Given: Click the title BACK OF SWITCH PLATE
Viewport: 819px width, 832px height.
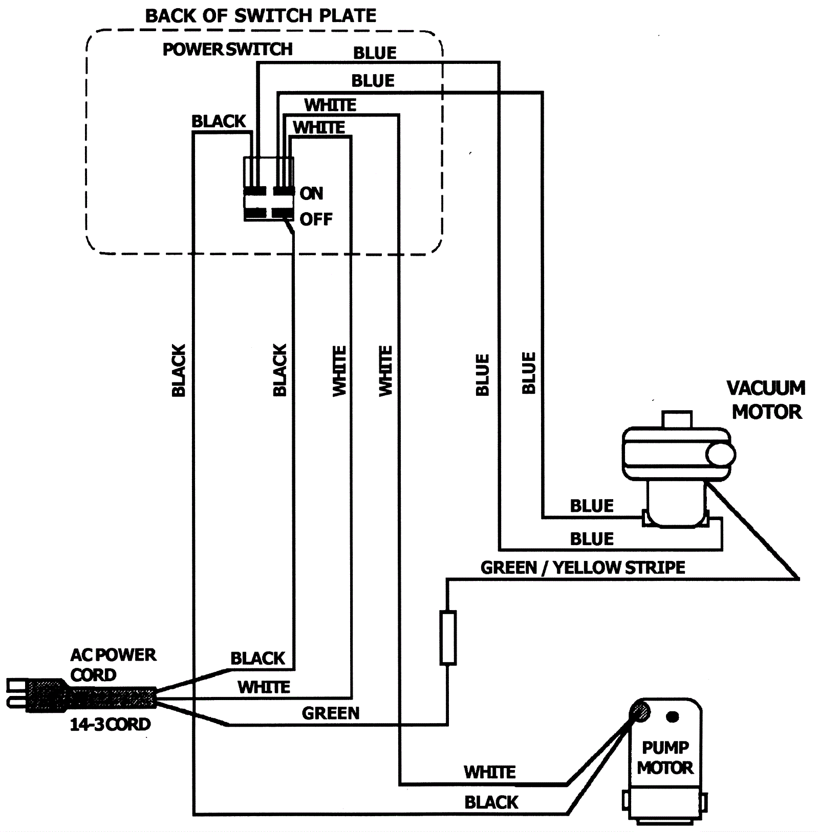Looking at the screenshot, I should click(261, 16).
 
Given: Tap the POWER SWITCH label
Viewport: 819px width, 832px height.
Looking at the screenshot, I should click(227, 49).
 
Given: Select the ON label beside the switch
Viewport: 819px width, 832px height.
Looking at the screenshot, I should click(311, 193).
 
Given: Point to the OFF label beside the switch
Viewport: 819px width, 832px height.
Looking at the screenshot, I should click(316, 219).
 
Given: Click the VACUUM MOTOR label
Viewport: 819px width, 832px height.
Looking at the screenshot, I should click(766, 400).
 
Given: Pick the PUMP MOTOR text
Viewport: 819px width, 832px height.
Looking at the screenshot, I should click(665, 757).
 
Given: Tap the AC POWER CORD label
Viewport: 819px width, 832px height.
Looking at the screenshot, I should click(113, 665).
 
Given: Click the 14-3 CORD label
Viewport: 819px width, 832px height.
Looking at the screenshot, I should click(110, 724).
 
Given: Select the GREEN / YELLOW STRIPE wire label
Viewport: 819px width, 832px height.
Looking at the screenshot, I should click(583, 568).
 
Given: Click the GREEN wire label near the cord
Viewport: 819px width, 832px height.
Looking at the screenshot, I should click(331, 713).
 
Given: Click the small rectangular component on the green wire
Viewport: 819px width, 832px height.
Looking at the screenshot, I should click(448, 638).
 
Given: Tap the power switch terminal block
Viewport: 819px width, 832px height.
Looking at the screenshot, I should click(269, 189).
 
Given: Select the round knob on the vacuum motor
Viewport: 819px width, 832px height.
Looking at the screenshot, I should click(721, 454).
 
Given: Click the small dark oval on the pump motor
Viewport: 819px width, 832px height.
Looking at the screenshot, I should click(673, 717).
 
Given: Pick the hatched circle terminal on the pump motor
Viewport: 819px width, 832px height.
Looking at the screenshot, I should click(640, 711).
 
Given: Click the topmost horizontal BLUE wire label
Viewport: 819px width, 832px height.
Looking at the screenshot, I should click(375, 53).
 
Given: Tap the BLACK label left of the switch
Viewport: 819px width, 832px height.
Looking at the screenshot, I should click(219, 122).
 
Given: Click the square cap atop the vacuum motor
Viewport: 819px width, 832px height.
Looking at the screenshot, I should click(677, 419).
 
